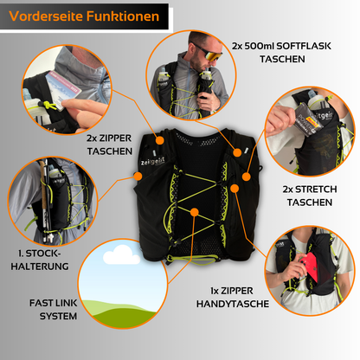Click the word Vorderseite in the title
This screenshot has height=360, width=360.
[46, 16]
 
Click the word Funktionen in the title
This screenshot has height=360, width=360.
[123, 16]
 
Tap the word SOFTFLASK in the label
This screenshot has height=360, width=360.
[304, 46]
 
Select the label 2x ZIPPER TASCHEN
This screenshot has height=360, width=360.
[109, 145]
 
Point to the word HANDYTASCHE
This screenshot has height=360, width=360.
[233, 304]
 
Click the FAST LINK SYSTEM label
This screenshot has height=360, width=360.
[54, 310]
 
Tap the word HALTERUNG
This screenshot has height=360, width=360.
[40, 267]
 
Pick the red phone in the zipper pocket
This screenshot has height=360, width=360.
[310, 267]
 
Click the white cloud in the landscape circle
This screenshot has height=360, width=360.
[121, 255]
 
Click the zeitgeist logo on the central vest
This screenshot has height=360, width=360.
[152, 161]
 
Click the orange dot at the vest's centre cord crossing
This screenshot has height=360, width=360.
[195, 212]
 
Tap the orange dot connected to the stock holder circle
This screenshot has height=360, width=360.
[138, 177]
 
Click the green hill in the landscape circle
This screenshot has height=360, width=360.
[121, 314]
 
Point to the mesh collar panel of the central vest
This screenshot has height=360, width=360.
[198, 140]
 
